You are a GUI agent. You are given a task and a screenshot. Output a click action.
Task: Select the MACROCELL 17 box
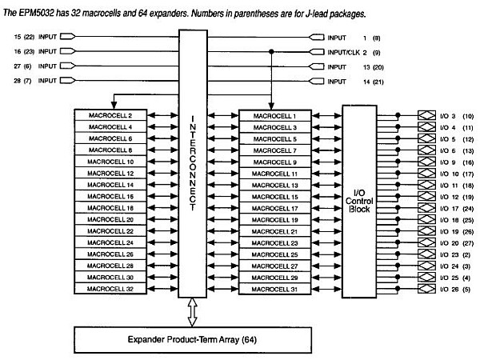point(274,207)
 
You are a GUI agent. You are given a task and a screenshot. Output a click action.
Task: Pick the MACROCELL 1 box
point(274,115)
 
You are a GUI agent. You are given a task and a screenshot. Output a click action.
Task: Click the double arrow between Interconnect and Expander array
point(194,312)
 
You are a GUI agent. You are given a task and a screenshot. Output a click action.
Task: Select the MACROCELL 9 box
point(274,162)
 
